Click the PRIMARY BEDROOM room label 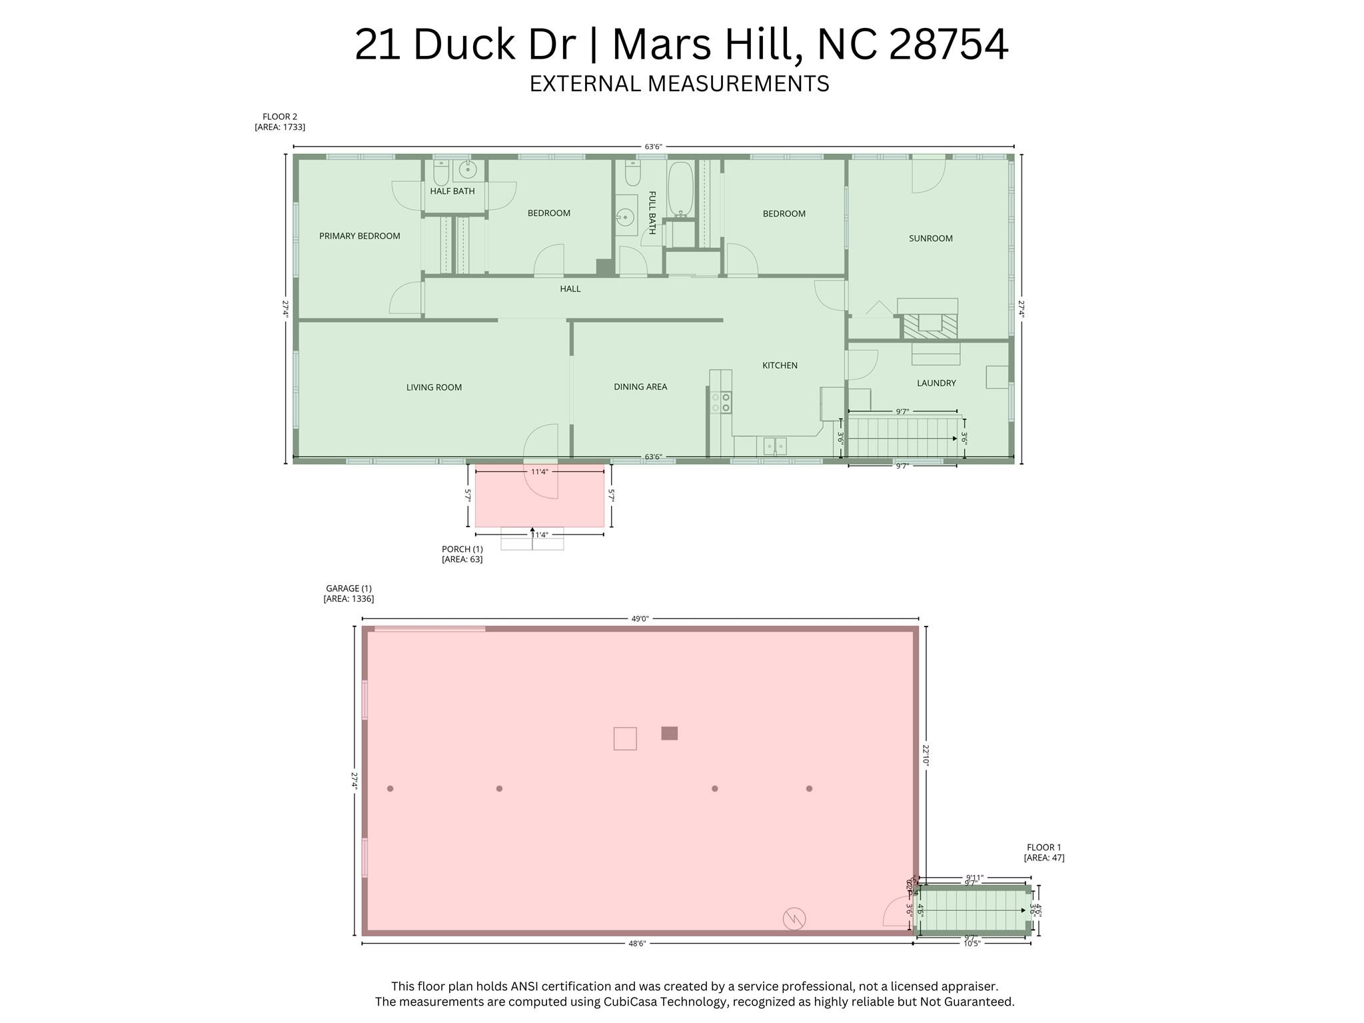pyautogui.click(x=359, y=236)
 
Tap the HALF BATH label pyautogui.click(x=452, y=191)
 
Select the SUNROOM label pyautogui.click(x=930, y=239)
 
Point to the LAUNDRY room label pyautogui.click(x=936, y=383)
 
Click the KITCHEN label pyautogui.click(x=780, y=365)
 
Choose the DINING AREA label pyautogui.click(x=640, y=387)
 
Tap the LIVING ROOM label pyautogui.click(x=434, y=387)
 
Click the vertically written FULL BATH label pyautogui.click(x=652, y=213)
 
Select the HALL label pyautogui.click(x=570, y=289)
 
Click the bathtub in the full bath pyautogui.click(x=681, y=188)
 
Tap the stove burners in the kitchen pyautogui.click(x=720, y=403)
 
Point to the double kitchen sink pyautogui.click(x=774, y=446)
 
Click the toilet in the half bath pyautogui.click(x=440, y=175)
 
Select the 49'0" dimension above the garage pyautogui.click(x=640, y=618)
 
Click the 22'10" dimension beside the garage pyautogui.click(x=926, y=756)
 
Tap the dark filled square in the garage pyautogui.click(x=669, y=733)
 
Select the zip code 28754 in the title pyautogui.click(x=948, y=45)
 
